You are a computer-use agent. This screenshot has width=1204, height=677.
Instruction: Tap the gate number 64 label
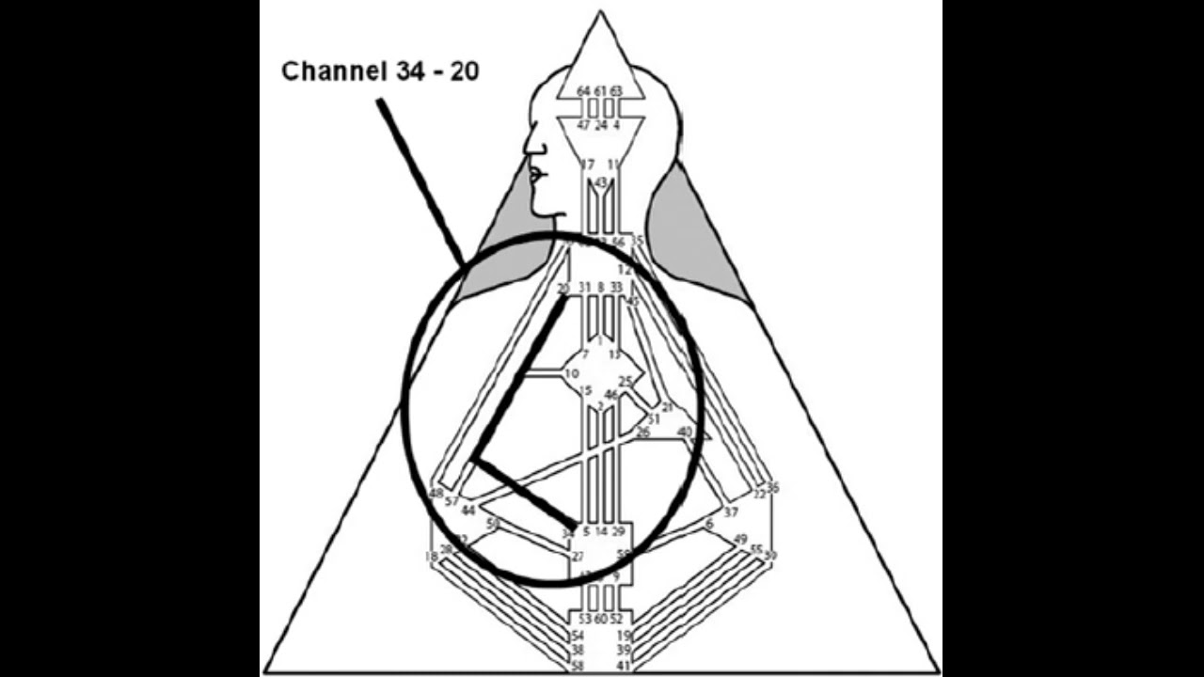(x=583, y=91)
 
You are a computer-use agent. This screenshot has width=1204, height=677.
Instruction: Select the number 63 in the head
(x=616, y=91)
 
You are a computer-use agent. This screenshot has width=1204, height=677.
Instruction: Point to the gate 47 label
(x=583, y=125)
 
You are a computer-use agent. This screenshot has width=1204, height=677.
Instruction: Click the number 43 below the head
(x=601, y=181)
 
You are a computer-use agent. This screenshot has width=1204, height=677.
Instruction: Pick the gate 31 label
(x=584, y=287)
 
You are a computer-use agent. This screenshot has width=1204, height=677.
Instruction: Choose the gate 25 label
(x=626, y=382)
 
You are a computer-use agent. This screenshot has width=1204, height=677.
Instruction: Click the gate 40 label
(x=685, y=433)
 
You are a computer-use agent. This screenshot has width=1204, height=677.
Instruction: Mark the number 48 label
(x=436, y=494)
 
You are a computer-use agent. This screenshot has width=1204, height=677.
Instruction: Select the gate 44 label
(x=468, y=511)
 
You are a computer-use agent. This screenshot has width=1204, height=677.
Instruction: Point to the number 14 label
(x=601, y=532)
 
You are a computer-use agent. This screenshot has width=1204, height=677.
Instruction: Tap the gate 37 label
(x=731, y=512)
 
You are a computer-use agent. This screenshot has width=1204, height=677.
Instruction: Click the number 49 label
(x=740, y=539)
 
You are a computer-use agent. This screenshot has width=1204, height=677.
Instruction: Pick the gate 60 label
(x=601, y=619)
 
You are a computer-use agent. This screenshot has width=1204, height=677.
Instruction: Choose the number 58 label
(x=578, y=666)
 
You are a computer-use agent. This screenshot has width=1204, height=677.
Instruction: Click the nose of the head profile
(x=527, y=148)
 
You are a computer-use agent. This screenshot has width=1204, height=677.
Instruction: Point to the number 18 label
(x=431, y=558)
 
